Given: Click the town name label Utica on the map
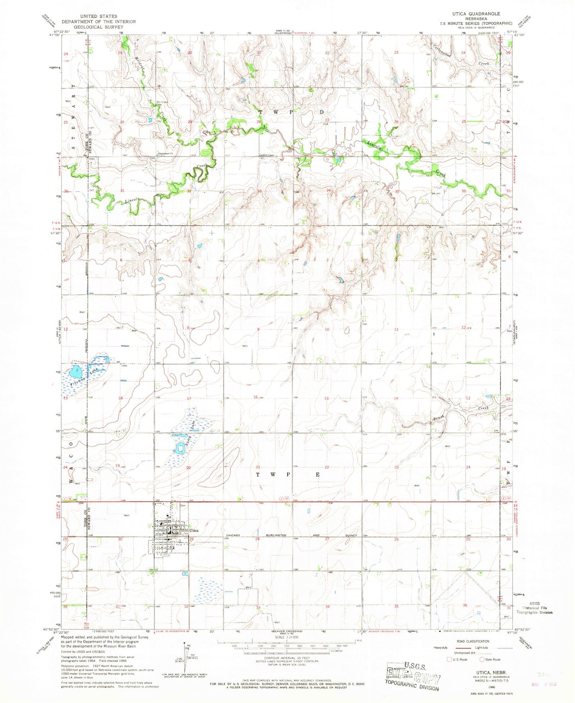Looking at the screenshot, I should click(194, 530).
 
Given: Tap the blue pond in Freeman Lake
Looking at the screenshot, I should click(76, 373).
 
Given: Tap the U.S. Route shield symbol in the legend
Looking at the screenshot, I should click(450, 659).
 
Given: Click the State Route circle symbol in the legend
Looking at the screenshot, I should click(481, 659).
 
